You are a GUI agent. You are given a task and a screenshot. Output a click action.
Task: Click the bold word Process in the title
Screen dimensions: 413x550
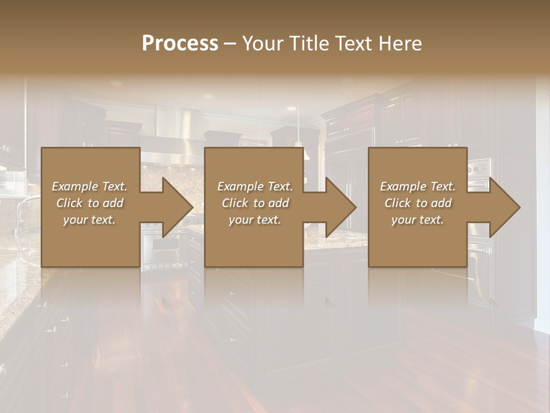coord(180,44)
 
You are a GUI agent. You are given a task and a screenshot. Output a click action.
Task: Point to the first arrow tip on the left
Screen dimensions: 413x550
coord(191,207)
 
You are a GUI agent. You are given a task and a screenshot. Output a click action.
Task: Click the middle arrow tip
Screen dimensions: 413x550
coord(355,207)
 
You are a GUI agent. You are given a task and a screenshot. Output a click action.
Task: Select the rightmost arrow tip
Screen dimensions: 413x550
coord(518,207)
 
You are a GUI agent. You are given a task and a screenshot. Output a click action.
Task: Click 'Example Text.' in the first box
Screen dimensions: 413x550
coord(90,186)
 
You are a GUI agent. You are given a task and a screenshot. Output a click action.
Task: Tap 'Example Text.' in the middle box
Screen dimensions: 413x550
coord(255,186)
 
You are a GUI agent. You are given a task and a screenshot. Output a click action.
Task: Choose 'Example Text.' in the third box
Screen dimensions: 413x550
coord(418,186)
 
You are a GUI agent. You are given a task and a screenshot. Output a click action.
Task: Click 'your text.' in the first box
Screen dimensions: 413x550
coord(90,220)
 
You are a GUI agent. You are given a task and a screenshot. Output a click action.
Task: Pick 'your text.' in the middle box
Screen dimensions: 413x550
coord(255,220)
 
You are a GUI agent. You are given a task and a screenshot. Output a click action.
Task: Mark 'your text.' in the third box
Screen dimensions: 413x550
coord(418,220)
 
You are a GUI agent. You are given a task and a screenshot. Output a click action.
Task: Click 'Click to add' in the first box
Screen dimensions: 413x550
coord(90,203)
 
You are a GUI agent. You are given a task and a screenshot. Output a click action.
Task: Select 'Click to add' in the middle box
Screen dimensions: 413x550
coord(255,203)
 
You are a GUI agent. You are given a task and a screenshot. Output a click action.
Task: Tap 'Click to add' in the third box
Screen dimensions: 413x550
coord(418,203)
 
